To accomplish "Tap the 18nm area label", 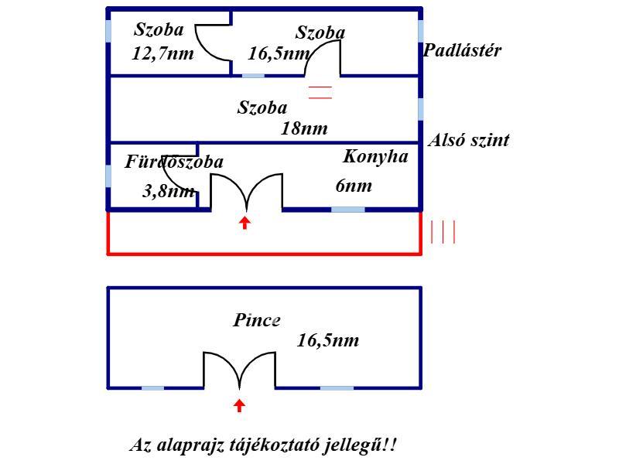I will (303, 129).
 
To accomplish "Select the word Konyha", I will (375, 156).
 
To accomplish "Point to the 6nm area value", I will (354, 186).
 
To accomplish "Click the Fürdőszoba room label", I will (174, 162).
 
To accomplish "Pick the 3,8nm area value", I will (168, 191).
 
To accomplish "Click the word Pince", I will (257, 320).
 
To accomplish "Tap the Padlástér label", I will (463, 51).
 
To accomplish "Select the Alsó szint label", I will (469, 141).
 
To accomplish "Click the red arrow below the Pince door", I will (239, 404).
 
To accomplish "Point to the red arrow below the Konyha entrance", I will (245, 223).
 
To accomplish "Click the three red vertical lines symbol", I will (443, 232).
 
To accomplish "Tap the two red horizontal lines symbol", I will (320, 94).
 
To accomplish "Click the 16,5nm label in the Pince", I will (328, 340).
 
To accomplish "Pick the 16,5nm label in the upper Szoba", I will (279, 54).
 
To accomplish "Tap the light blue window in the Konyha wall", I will (347, 210).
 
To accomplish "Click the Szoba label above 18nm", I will (262, 108).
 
